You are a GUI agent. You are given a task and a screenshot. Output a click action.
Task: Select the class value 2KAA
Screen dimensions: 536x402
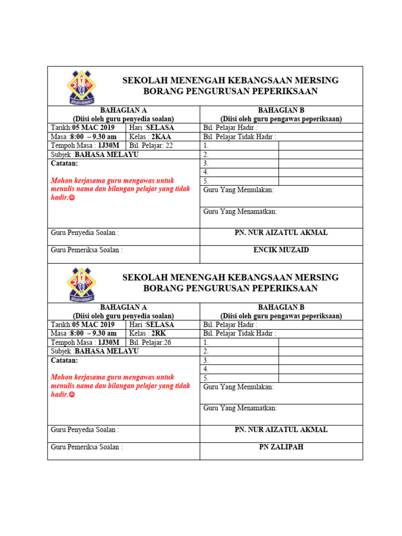click(161, 137)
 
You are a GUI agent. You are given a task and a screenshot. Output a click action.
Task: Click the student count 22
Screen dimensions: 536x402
click(169, 146)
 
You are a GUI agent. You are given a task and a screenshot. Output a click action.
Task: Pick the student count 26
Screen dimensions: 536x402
click(167, 342)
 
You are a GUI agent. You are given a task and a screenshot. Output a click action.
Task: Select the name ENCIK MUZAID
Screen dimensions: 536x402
click(281, 250)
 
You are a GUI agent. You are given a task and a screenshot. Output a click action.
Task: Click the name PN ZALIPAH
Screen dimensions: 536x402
click(281, 447)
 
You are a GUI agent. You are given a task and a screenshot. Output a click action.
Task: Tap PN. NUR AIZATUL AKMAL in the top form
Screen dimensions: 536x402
click(281, 233)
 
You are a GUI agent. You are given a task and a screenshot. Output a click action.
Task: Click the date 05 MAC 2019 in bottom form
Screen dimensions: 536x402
click(93, 325)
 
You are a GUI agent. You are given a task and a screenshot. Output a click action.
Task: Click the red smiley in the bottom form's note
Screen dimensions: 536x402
click(72, 395)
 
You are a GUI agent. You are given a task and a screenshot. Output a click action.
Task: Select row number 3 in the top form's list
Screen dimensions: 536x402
click(206, 163)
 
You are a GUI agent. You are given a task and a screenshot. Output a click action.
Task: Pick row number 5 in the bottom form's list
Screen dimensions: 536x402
click(206, 378)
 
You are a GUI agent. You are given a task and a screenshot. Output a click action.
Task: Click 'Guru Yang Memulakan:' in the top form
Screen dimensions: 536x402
click(238, 190)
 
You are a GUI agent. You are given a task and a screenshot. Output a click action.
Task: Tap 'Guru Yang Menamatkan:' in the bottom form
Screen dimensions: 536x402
click(240, 408)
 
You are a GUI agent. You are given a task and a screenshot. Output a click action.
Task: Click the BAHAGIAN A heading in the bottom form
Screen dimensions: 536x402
click(124, 307)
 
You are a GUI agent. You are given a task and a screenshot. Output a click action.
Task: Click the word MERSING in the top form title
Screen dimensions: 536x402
click(315, 81)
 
